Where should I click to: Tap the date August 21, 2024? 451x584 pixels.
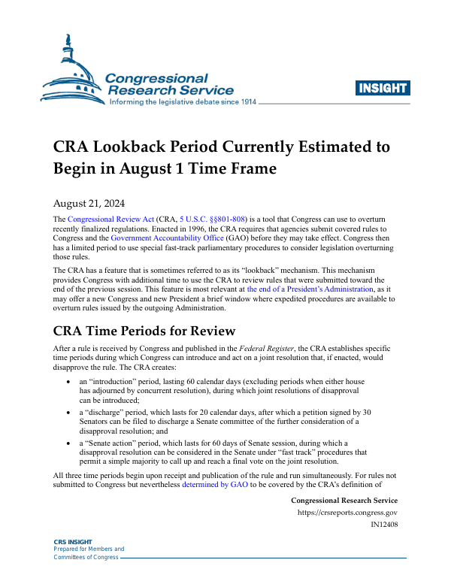(89, 203)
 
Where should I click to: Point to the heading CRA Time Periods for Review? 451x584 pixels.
(144, 331)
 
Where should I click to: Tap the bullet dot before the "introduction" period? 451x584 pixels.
(69, 383)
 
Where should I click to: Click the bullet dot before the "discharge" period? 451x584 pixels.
(69, 413)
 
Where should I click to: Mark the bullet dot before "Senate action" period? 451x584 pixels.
(69, 443)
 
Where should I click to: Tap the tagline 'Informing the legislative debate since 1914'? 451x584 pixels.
(183, 102)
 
